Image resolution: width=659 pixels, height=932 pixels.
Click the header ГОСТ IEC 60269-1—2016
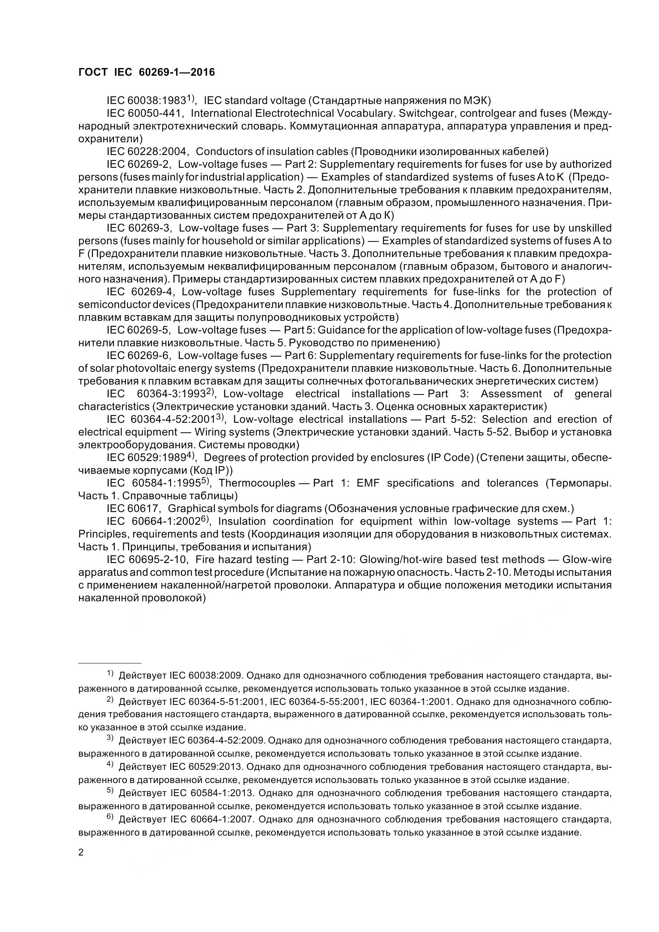[x=147, y=72]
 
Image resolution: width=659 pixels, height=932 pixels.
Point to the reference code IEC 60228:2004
[x=147, y=151]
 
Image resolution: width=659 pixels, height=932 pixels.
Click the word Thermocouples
[x=257, y=483]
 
